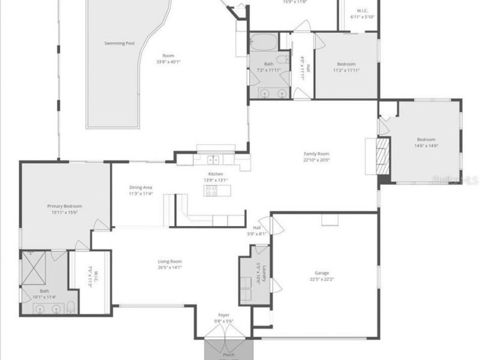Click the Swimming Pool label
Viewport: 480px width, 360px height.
pos(119,43)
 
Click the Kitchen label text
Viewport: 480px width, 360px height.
pos(215,174)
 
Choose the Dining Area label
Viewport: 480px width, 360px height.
pos(141,187)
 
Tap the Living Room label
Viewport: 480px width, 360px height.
pos(170,261)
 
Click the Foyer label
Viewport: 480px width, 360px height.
pos(224,315)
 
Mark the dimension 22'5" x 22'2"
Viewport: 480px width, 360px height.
pos(322,279)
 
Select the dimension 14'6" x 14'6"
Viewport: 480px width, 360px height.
pos(426,146)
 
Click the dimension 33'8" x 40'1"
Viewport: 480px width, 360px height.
pos(169,62)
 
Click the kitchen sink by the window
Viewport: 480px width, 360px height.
pos(213,159)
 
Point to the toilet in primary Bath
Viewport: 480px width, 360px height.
pos(70,308)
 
